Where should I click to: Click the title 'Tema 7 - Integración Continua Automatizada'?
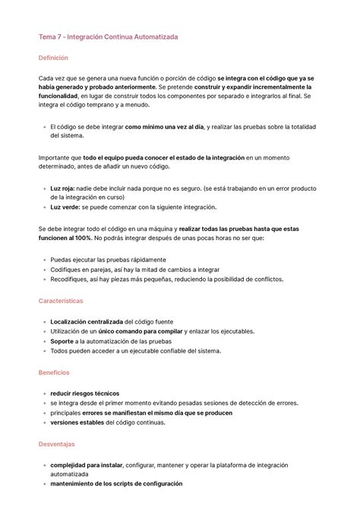pos(109,37)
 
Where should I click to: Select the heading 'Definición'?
pos(53,58)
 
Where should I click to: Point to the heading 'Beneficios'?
pos(54,373)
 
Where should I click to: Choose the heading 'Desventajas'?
pos(56,444)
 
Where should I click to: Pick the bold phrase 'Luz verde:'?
pos(68,207)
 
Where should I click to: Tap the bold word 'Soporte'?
pos(62,342)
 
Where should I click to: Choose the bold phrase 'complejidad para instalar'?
pos(85,464)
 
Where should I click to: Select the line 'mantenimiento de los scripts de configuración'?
pos(115,484)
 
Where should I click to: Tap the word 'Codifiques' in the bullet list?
pos(67,270)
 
